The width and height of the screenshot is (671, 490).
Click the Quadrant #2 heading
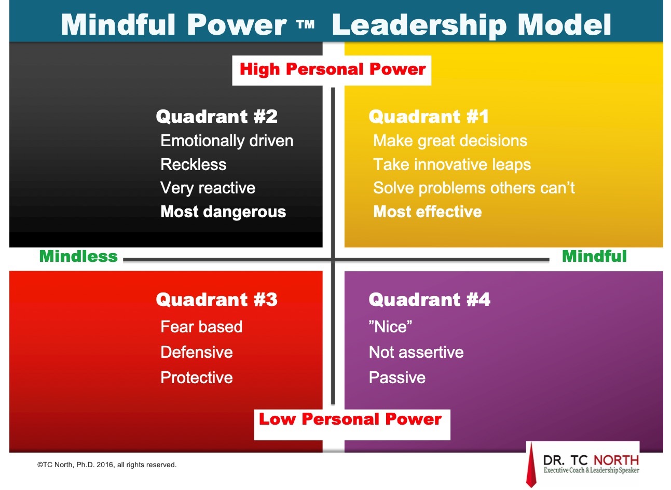coord(216,117)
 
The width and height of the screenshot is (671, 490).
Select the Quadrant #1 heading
coord(429,117)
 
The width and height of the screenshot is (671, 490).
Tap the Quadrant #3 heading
coord(216,300)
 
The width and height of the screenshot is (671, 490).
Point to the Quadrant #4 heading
coord(430,300)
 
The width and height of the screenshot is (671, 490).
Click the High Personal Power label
coord(333,69)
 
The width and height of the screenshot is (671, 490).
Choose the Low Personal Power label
coord(350,419)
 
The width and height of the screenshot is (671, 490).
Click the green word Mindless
coord(78,256)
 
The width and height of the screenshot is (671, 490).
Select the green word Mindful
coord(594,256)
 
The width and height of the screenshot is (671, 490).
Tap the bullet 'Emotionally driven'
coord(227,141)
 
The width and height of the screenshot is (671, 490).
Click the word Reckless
coord(193,165)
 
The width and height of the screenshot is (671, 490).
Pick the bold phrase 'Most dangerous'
coord(223,212)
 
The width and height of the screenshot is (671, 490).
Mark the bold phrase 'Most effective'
coord(428,212)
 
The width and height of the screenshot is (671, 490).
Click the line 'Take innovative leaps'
coord(452,165)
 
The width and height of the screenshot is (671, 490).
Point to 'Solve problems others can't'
coord(474,188)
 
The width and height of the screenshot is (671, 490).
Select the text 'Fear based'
coord(201,327)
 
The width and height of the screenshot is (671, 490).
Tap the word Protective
coord(197,377)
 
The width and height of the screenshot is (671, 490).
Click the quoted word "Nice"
coord(390,327)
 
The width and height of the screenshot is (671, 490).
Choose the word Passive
coord(397,377)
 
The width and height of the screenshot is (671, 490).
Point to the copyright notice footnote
coord(106,465)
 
